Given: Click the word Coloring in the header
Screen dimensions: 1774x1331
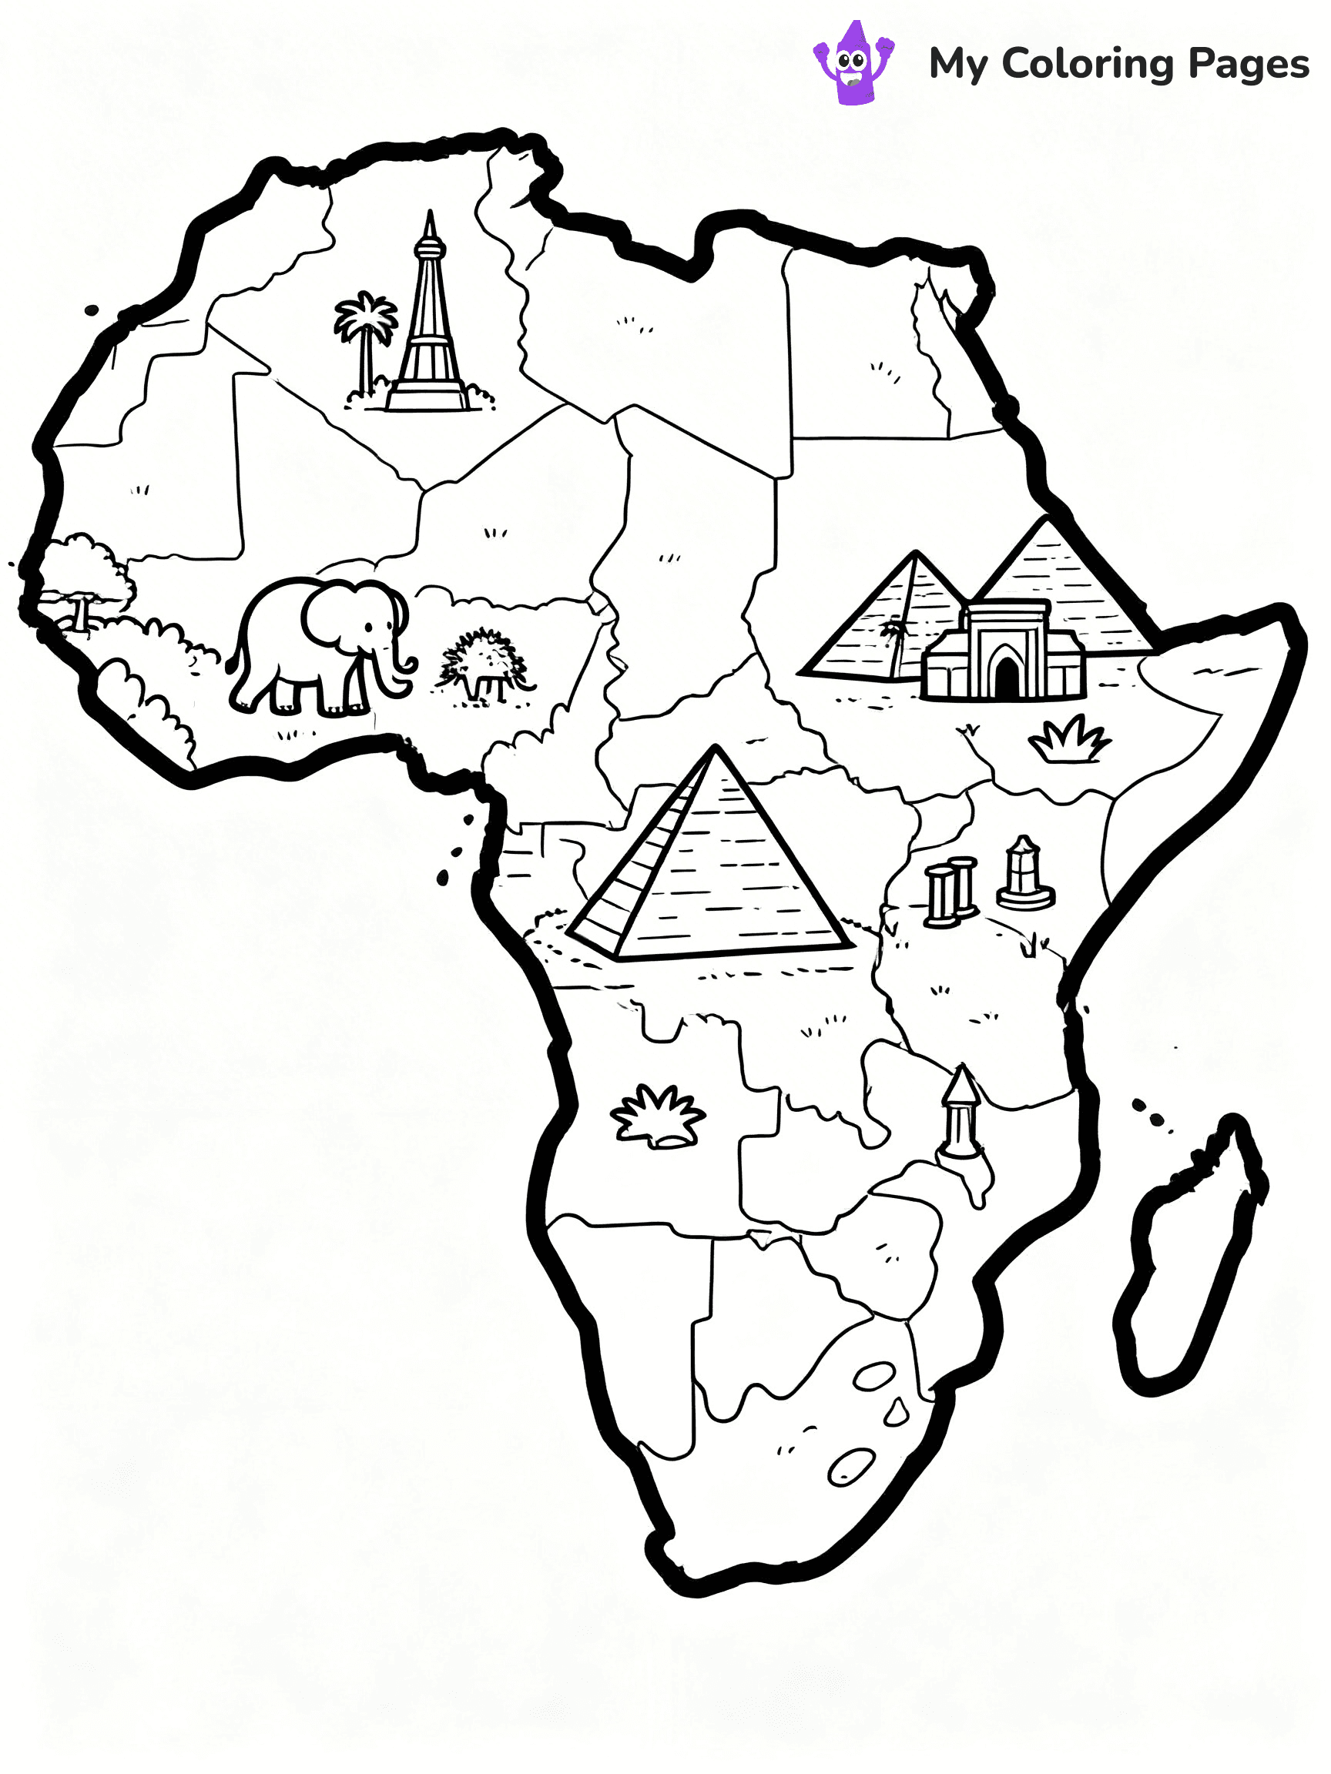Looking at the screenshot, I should point(1087,64).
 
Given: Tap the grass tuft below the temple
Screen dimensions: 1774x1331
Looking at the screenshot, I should point(1070,739).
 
